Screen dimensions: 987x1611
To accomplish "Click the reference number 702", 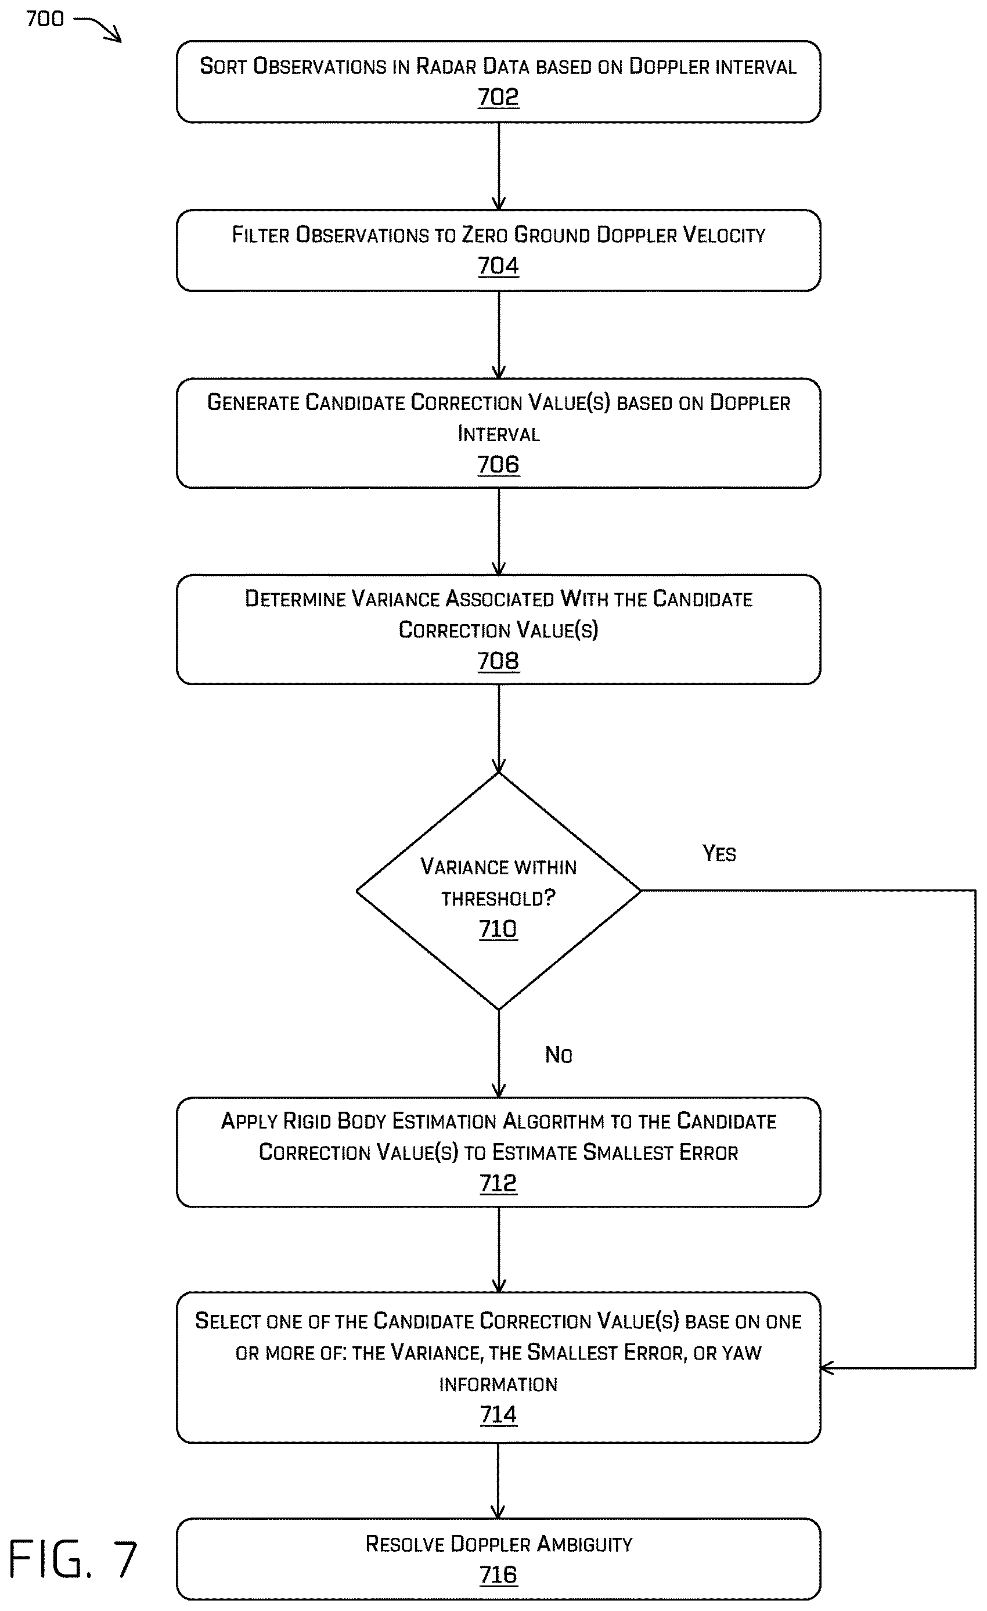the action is click(498, 98).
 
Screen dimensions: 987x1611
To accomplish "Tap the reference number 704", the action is click(498, 266).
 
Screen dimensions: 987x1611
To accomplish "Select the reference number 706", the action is click(498, 465).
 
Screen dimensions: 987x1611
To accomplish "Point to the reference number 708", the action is click(498, 661).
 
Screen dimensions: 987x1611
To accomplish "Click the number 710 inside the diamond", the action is click(498, 929).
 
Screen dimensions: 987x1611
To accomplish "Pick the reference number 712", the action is click(498, 1183).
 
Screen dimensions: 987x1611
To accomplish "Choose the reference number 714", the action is click(498, 1414).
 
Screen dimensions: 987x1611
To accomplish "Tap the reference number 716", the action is click(498, 1575).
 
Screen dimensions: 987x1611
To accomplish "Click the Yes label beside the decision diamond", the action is click(719, 853).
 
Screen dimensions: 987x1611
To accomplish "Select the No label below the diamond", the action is click(559, 1055).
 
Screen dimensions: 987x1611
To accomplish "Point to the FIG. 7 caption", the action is click(72, 1559).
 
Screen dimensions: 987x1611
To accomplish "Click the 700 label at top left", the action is click(45, 19).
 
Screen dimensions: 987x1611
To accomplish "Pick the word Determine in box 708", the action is click(294, 599).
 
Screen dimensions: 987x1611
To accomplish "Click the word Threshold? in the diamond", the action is click(498, 898).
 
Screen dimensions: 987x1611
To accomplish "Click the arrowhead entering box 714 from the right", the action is click(826, 1368).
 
